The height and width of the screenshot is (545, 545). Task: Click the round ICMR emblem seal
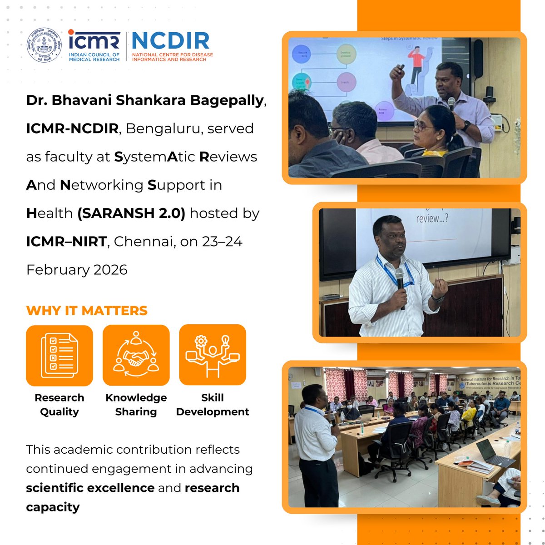pyautogui.click(x=44, y=45)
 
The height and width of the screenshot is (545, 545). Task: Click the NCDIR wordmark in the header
pyautogui.click(x=170, y=41)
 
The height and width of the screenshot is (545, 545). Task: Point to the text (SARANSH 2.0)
pyautogui.click(x=131, y=213)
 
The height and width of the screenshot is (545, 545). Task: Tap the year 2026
pyautogui.click(x=110, y=270)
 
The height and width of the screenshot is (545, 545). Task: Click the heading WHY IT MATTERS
pyautogui.click(x=87, y=311)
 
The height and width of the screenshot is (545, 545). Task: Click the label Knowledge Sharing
pyautogui.click(x=136, y=405)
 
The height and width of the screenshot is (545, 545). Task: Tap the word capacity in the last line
pyautogui.click(x=53, y=507)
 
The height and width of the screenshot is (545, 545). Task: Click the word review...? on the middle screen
pyautogui.click(x=432, y=218)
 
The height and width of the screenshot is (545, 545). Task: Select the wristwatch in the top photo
pyautogui.click(x=466, y=125)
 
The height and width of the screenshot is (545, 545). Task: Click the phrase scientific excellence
pyautogui.click(x=90, y=488)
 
